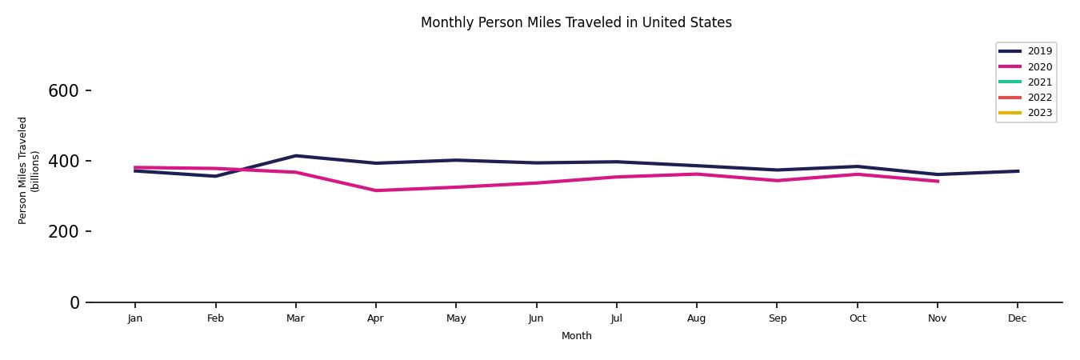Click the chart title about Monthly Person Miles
coord(576,22)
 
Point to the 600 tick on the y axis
coord(64,91)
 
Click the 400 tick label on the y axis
coord(64,162)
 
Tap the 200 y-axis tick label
coord(64,232)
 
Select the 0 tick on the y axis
coord(75,302)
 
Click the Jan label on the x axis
coord(135,318)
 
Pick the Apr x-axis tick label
coord(375,318)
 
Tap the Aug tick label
coord(696,318)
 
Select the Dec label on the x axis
coord(1017,318)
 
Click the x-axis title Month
coord(576,336)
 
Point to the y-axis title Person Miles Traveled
coord(29,170)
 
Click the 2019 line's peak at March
coord(295,156)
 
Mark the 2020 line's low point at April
coord(375,190)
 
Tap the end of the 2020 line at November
coord(937,181)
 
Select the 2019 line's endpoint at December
coord(1017,171)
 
